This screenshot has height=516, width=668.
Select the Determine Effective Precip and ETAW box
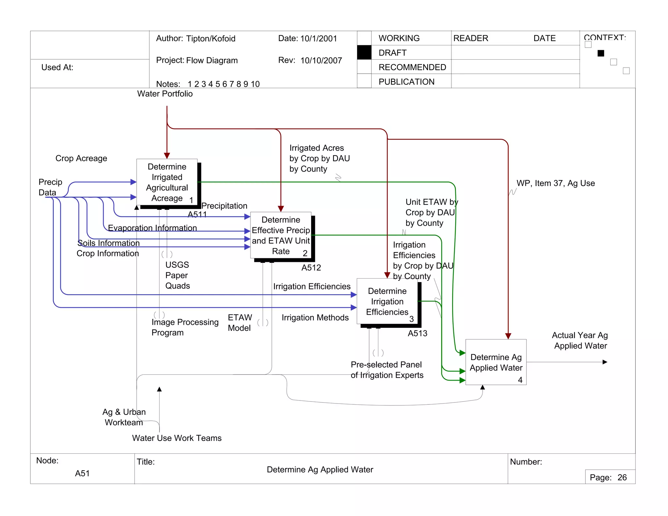(x=281, y=235)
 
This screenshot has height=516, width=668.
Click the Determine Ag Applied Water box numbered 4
(x=495, y=362)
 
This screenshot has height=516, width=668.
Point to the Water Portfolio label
(x=165, y=94)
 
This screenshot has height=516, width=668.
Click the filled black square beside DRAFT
(x=364, y=53)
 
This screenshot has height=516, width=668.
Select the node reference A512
(x=311, y=268)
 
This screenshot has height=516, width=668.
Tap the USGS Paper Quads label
(x=177, y=275)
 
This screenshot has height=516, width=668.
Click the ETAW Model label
(x=240, y=323)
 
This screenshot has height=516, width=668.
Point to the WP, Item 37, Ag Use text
(x=555, y=183)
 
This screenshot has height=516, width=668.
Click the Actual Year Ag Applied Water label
(x=580, y=341)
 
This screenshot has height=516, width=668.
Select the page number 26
(x=622, y=478)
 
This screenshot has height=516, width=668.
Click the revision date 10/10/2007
(x=321, y=61)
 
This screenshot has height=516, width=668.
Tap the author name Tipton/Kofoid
(x=211, y=39)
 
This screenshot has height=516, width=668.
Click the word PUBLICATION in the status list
(x=406, y=82)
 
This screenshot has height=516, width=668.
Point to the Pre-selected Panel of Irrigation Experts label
(x=387, y=370)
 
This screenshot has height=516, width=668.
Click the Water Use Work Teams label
(x=177, y=438)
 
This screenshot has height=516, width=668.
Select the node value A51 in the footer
(x=82, y=473)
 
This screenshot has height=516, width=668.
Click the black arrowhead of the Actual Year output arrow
(x=605, y=362)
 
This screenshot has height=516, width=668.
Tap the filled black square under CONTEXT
(x=600, y=53)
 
